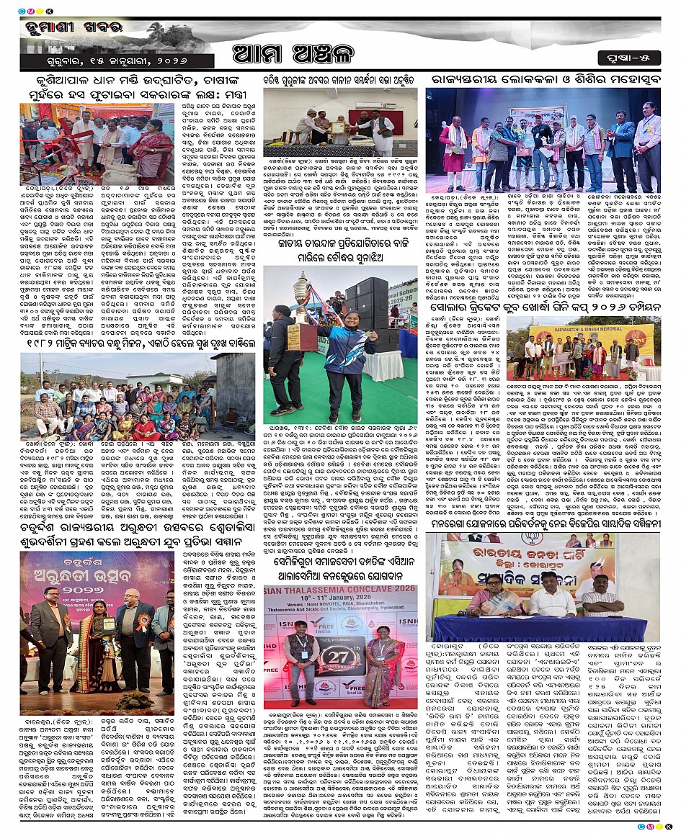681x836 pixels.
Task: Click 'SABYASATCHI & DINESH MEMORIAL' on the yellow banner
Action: click(x=591, y=333)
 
